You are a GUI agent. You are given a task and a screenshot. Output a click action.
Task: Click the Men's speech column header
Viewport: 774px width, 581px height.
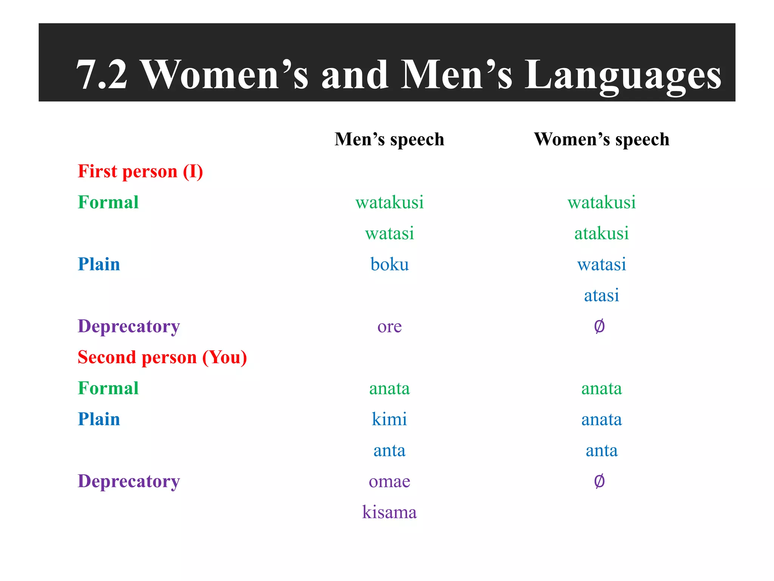389,139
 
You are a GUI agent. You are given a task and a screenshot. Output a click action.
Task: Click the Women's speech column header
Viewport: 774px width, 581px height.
601,139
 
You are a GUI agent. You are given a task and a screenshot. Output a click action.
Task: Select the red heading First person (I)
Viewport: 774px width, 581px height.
140,171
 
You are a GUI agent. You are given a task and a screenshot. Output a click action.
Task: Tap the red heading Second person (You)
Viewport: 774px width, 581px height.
162,357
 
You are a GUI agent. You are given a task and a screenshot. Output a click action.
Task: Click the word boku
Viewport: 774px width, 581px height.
389,264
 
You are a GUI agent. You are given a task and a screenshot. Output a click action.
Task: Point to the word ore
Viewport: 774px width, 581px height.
389,326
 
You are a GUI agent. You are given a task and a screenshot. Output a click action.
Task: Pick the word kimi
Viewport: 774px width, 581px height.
389,419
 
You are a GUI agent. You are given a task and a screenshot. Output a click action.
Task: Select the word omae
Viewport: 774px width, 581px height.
389,482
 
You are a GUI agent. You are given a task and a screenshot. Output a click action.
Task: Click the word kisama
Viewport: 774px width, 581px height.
389,513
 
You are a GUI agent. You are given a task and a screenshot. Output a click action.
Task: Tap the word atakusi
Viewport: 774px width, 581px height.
601,233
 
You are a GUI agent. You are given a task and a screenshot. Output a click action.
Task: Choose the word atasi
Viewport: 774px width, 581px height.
601,295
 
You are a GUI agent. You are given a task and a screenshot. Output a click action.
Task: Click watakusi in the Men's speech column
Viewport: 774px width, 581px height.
389,202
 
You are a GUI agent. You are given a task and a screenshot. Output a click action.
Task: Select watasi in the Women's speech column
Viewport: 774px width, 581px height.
601,264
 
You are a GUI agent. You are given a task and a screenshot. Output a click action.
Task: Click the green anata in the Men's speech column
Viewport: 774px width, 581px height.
389,388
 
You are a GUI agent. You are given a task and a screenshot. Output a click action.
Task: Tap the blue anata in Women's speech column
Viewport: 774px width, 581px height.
601,419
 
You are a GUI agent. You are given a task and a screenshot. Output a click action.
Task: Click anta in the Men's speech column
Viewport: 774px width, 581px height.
389,451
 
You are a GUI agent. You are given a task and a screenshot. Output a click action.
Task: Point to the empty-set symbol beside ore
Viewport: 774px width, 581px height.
599,326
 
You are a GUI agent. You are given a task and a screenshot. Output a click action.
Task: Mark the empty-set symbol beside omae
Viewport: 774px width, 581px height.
599,481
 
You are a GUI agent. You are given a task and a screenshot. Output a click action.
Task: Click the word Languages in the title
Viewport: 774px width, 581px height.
623,76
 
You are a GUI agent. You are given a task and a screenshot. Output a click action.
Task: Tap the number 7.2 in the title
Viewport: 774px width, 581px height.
102,76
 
